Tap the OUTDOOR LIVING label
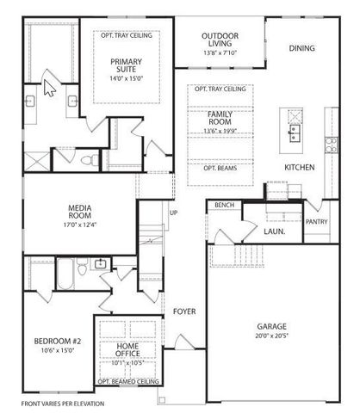point(220,40)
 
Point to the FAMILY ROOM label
point(220,120)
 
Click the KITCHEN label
point(299,167)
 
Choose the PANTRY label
point(317,221)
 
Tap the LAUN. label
point(275,231)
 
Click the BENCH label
point(225,205)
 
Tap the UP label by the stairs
point(173,213)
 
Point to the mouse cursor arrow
point(49,89)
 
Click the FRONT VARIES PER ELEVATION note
point(63,403)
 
